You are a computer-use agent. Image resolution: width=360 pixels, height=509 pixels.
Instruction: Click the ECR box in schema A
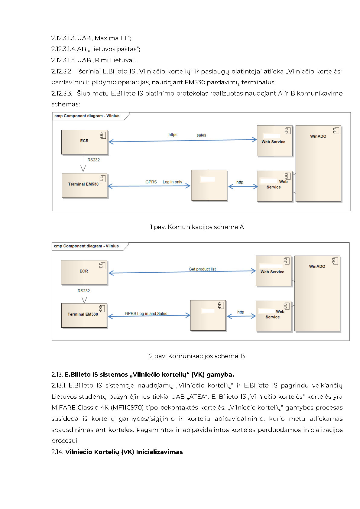click(x=84, y=142)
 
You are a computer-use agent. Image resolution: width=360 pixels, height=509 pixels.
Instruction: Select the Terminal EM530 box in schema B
click(x=84, y=315)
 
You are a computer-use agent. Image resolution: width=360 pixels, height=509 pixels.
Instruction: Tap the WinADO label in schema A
click(x=318, y=136)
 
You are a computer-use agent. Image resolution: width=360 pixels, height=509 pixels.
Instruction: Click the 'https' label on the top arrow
click(x=173, y=135)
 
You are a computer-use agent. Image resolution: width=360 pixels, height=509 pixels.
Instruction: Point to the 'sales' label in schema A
click(x=201, y=135)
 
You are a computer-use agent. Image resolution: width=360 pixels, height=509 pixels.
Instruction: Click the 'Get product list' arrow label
click(x=202, y=269)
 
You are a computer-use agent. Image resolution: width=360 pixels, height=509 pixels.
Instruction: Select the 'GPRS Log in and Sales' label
click(x=146, y=313)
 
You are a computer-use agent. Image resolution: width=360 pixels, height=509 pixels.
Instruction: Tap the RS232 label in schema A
click(x=93, y=160)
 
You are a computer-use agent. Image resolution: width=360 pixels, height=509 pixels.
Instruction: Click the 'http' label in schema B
click(x=241, y=312)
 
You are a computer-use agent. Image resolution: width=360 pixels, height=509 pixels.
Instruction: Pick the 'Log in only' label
click(x=172, y=182)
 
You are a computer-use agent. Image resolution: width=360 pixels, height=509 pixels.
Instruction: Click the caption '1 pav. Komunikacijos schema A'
click(x=197, y=227)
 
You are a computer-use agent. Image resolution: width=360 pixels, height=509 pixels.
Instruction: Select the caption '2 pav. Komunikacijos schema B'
click(x=197, y=356)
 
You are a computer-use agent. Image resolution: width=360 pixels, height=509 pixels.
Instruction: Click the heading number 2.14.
click(x=57, y=452)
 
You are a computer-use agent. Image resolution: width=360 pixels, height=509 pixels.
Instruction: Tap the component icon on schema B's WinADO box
click(x=335, y=261)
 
